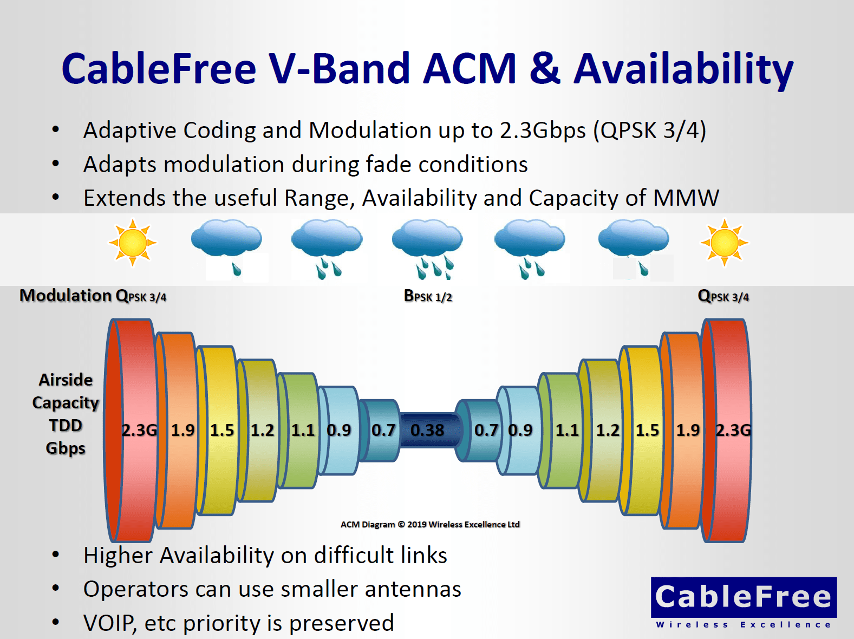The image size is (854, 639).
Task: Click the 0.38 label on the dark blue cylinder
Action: click(427, 430)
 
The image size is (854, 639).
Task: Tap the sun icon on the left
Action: click(133, 243)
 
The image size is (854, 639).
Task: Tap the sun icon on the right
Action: click(724, 243)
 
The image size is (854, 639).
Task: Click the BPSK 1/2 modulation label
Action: click(428, 296)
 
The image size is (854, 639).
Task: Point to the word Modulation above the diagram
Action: click(66, 296)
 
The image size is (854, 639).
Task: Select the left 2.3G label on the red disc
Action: click(139, 430)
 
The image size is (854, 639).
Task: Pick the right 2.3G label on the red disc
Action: click(733, 430)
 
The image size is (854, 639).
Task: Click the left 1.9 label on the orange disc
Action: click(183, 430)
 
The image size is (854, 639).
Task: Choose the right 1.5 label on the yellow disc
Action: click(647, 430)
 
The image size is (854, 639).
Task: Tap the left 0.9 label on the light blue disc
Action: click(339, 430)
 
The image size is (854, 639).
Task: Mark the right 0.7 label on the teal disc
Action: click(486, 430)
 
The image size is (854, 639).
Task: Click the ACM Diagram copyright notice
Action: click(430, 524)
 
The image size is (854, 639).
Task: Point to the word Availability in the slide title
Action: click(683, 69)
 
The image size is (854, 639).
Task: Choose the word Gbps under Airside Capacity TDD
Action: click(66, 448)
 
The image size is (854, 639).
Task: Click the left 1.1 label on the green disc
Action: click(303, 430)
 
